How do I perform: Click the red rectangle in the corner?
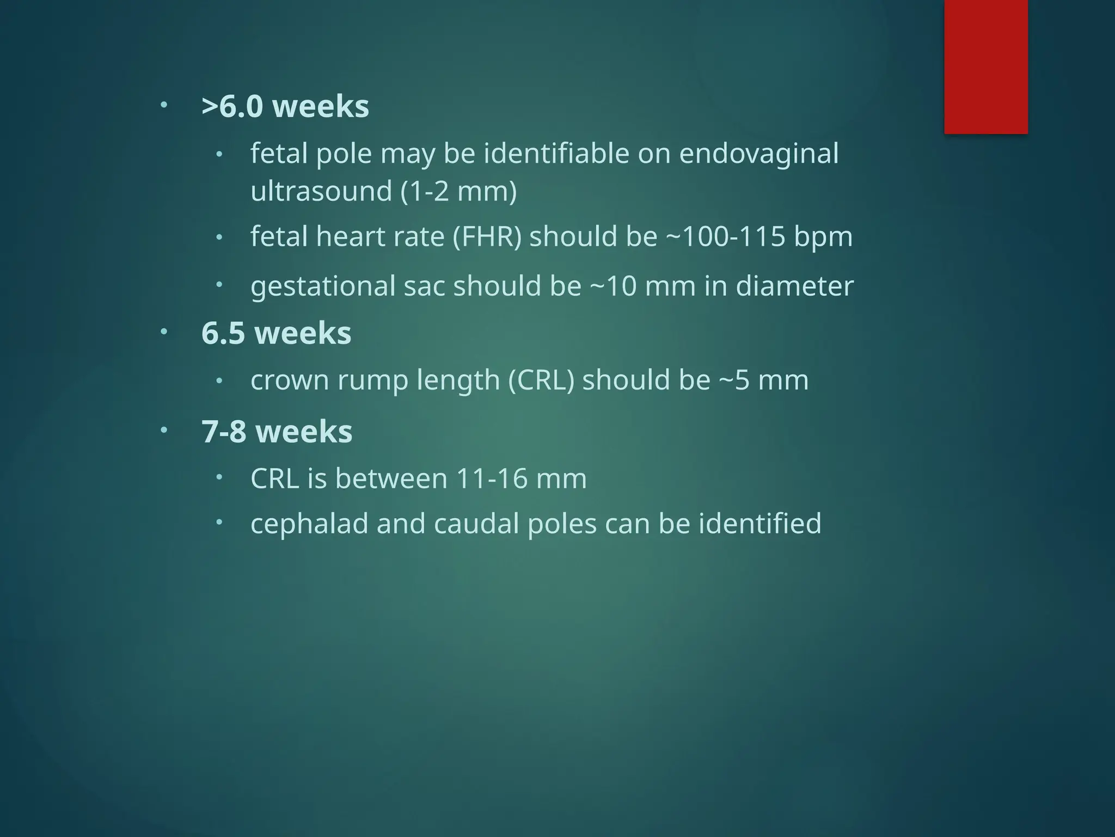coord(985,66)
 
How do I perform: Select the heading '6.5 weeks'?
coord(276,333)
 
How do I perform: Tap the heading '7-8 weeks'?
coord(277,432)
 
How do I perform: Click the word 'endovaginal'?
coord(758,154)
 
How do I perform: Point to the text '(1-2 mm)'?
coord(458,191)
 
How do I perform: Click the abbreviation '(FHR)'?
coord(487,236)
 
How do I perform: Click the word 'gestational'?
coord(323,287)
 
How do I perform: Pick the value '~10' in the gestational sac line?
coord(613,287)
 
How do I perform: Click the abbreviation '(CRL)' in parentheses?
coord(541,380)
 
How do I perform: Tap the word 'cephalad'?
coord(309,524)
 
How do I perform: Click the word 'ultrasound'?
coord(321,191)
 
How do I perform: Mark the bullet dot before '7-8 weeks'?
coord(164,430)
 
